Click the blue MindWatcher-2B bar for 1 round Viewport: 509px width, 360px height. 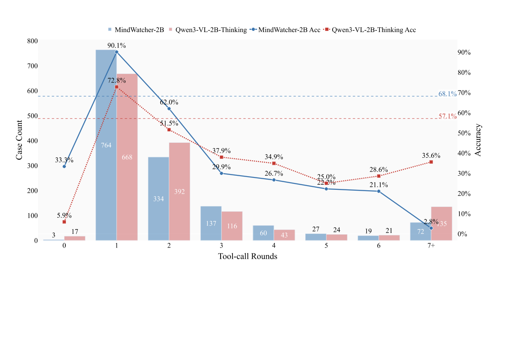tap(106, 145)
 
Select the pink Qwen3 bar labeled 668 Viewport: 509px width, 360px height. tap(127, 157)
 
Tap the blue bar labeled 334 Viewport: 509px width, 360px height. tap(159, 199)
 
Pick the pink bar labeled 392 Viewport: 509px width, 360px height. tap(179, 192)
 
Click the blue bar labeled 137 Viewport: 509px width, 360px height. tap(211, 223)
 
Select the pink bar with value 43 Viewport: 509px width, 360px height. tap(284, 235)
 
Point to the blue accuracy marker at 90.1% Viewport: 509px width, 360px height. tap(117, 52)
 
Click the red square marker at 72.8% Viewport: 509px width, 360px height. tap(117, 87)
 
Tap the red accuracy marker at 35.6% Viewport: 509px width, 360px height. tap(431, 162)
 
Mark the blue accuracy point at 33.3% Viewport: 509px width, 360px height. tap(64, 166)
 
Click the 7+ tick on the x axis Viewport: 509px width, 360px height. tap(431, 246)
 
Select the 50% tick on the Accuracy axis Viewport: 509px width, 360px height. tap(464, 133)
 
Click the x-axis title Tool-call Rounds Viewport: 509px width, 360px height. tap(247, 257)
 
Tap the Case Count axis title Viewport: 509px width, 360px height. tap(19, 140)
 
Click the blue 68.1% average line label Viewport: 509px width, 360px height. tap(447, 94)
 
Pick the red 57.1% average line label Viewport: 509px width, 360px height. tap(447, 116)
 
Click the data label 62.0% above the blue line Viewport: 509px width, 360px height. tap(169, 103)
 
